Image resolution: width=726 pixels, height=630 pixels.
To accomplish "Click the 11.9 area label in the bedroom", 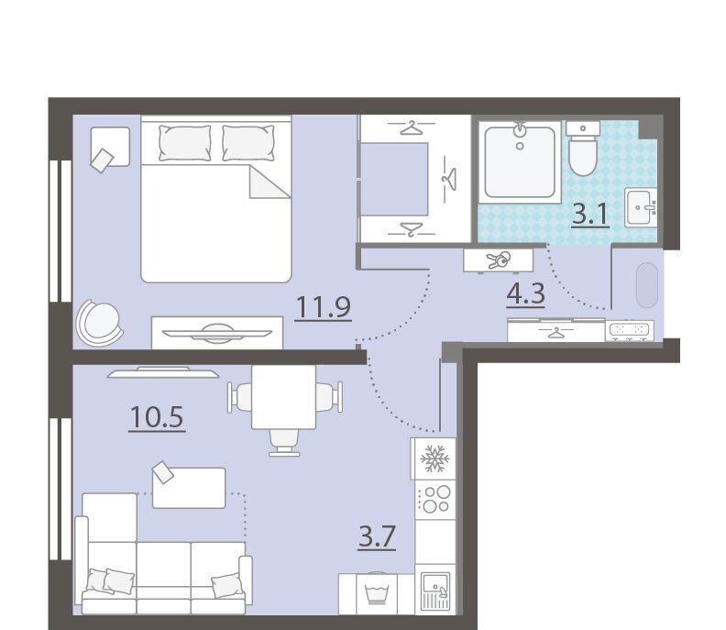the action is (x=324, y=307).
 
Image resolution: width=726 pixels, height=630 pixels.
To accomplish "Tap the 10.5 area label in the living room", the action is (x=157, y=417).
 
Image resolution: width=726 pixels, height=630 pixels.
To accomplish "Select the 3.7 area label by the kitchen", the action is (x=377, y=536).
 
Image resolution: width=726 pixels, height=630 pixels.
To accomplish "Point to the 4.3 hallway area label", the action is (x=525, y=293).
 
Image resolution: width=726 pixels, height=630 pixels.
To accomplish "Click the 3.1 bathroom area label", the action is (x=590, y=215).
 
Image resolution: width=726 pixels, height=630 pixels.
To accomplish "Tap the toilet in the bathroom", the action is (x=583, y=149).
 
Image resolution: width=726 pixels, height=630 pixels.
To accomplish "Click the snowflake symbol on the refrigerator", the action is (x=434, y=459).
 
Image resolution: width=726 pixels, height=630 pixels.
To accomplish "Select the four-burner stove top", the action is (x=434, y=500).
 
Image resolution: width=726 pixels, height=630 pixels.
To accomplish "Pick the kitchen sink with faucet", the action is (x=434, y=591).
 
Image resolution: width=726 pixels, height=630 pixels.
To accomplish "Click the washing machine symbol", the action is (x=378, y=593).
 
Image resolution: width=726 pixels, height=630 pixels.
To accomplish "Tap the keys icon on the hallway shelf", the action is (x=498, y=260).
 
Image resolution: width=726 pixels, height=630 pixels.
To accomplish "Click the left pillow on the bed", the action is (x=185, y=143).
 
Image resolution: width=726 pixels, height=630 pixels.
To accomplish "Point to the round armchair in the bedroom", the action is (x=99, y=323).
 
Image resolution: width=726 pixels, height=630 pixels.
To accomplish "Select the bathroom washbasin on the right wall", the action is (x=641, y=207).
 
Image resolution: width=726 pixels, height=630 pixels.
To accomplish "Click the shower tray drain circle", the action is (x=520, y=146).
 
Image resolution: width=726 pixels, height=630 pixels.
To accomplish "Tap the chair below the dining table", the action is (x=285, y=443).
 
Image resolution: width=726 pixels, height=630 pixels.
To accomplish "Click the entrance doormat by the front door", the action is (x=647, y=286).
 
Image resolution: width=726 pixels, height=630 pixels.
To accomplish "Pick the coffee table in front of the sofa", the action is (x=189, y=488).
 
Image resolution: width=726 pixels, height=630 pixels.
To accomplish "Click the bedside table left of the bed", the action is (x=110, y=147).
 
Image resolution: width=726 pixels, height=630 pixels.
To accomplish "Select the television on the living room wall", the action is (x=163, y=372).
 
